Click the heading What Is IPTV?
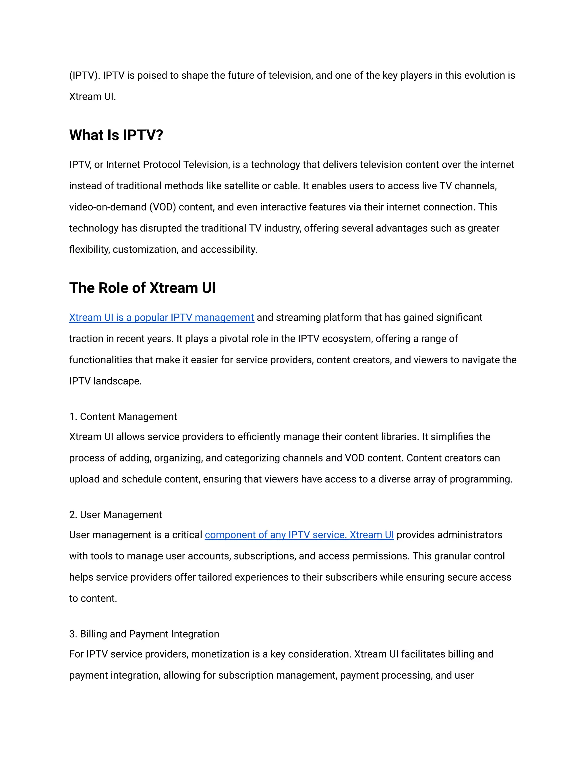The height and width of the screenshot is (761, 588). click(116, 135)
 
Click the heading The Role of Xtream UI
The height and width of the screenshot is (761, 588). click(142, 288)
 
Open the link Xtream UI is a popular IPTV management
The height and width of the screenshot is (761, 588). click(162, 317)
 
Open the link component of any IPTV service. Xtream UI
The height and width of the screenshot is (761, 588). click(299, 535)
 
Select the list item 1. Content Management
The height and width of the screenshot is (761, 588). click(123, 417)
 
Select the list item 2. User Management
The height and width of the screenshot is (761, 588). click(116, 515)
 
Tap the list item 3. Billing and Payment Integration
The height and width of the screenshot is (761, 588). click(144, 634)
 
